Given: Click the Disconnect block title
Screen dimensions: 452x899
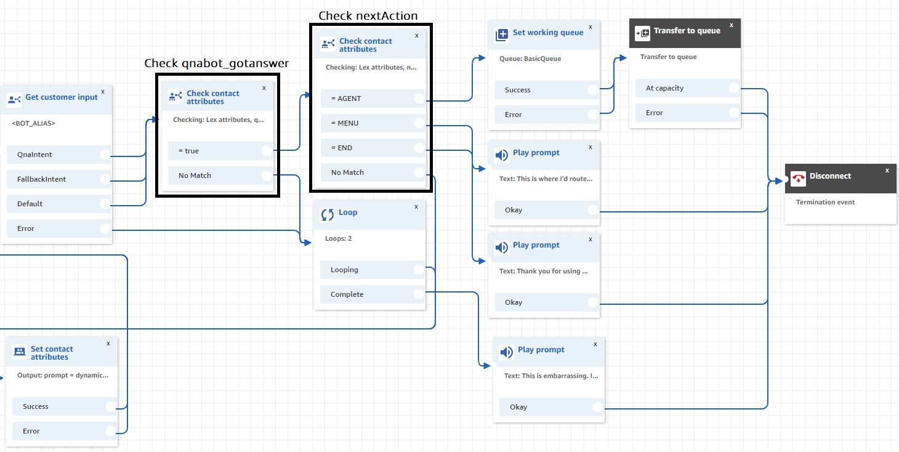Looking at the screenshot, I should click(x=830, y=176).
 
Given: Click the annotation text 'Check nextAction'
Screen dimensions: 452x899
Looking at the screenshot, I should click(x=368, y=15).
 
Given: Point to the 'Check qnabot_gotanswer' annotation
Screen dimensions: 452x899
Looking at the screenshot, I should click(x=216, y=63).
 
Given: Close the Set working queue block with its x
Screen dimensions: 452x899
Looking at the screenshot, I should click(x=591, y=26).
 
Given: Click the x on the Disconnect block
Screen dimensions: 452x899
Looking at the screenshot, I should click(x=887, y=170).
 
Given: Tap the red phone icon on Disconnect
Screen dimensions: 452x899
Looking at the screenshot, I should click(x=799, y=179).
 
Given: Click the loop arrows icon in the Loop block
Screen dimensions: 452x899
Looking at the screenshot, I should click(x=328, y=215).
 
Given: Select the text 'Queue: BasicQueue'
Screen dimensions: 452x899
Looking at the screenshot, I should click(x=530, y=59).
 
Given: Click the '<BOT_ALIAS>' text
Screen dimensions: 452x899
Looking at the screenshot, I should click(x=33, y=123).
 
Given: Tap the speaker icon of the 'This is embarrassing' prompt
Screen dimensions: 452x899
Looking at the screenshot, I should click(x=506, y=352).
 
